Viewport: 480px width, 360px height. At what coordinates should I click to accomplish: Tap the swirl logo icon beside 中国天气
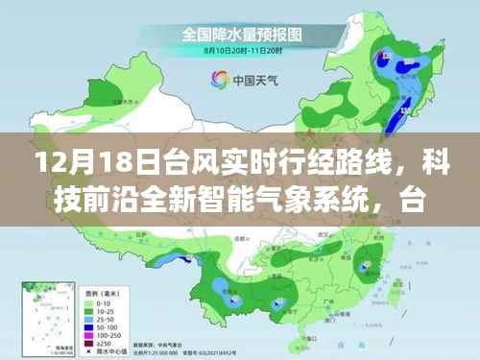(x=212, y=82)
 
